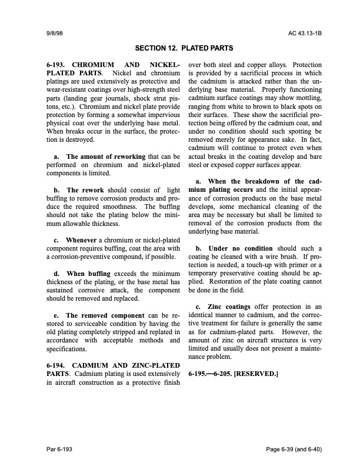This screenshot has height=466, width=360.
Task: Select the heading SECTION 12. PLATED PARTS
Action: tap(184, 48)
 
